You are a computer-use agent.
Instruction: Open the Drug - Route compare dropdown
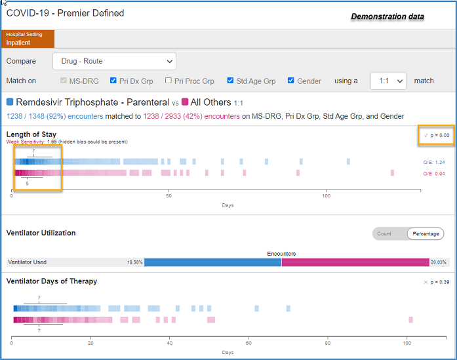click(114, 61)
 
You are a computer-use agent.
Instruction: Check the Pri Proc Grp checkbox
click(168, 81)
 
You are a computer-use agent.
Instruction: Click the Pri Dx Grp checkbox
click(113, 81)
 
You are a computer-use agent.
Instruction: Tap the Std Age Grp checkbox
click(230, 81)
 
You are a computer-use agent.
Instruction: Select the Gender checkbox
click(291, 81)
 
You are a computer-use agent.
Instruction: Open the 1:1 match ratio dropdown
click(388, 81)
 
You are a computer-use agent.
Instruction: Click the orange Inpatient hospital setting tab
click(28, 39)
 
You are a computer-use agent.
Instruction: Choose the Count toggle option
click(384, 234)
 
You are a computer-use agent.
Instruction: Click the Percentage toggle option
click(426, 234)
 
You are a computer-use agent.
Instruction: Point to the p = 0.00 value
click(440, 135)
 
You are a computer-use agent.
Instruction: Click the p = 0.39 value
click(440, 282)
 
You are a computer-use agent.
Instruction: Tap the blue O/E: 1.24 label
click(434, 163)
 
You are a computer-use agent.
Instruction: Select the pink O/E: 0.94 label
click(434, 174)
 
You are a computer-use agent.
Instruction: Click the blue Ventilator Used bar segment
click(212, 262)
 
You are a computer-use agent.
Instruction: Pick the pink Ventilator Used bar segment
click(355, 262)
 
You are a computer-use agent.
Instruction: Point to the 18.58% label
click(134, 262)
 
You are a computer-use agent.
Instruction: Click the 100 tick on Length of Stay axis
click(326, 196)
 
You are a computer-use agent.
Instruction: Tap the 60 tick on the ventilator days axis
click(248, 343)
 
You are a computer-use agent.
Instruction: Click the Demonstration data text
click(387, 16)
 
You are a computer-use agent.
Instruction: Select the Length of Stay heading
click(31, 134)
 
